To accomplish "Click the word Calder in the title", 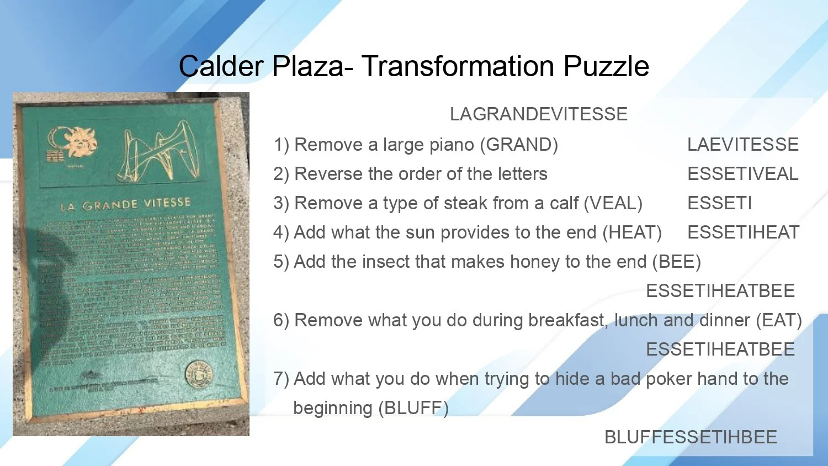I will click(x=221, y=66).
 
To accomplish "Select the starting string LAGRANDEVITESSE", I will click(x=539, y=114).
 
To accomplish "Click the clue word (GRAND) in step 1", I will click(x=519, y=145).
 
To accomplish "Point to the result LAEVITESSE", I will click(x=742, y=145).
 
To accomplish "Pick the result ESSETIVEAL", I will click(x=742, y=174).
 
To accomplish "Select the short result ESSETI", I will click(x=719, y=203).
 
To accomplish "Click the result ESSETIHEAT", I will click(x=743, y=232).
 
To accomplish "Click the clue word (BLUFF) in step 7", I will click(x=413, y=408).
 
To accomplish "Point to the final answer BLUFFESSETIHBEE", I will click(x=691, y=437).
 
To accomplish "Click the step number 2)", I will click(x=281, y=174).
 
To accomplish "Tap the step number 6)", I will click(x=281, y=320).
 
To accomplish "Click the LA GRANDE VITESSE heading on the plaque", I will click(x=125, y=205).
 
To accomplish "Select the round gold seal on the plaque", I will click(x=198, y=373).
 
